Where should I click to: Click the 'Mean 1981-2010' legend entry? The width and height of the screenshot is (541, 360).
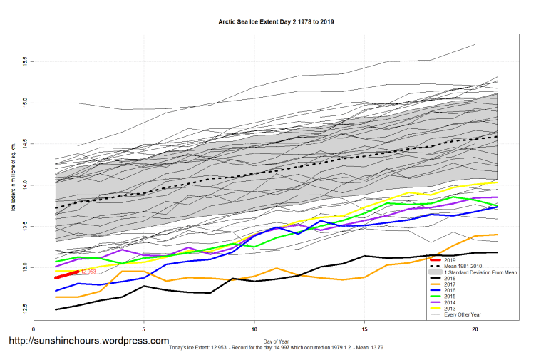pos(463,267)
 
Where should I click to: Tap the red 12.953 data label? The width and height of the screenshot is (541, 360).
pos(88,272)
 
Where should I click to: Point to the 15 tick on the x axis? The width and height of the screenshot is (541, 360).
pos(364,329)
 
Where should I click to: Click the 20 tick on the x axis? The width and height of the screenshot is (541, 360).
pos(475,329)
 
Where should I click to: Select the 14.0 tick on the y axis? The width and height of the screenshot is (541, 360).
pos(24,185)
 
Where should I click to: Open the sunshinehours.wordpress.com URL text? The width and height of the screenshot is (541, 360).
pos(88,341)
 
